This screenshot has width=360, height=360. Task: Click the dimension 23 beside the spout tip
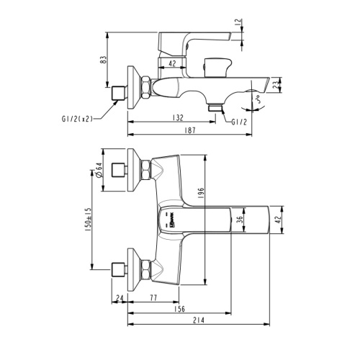pyautogui.click(x=298, y=86)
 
